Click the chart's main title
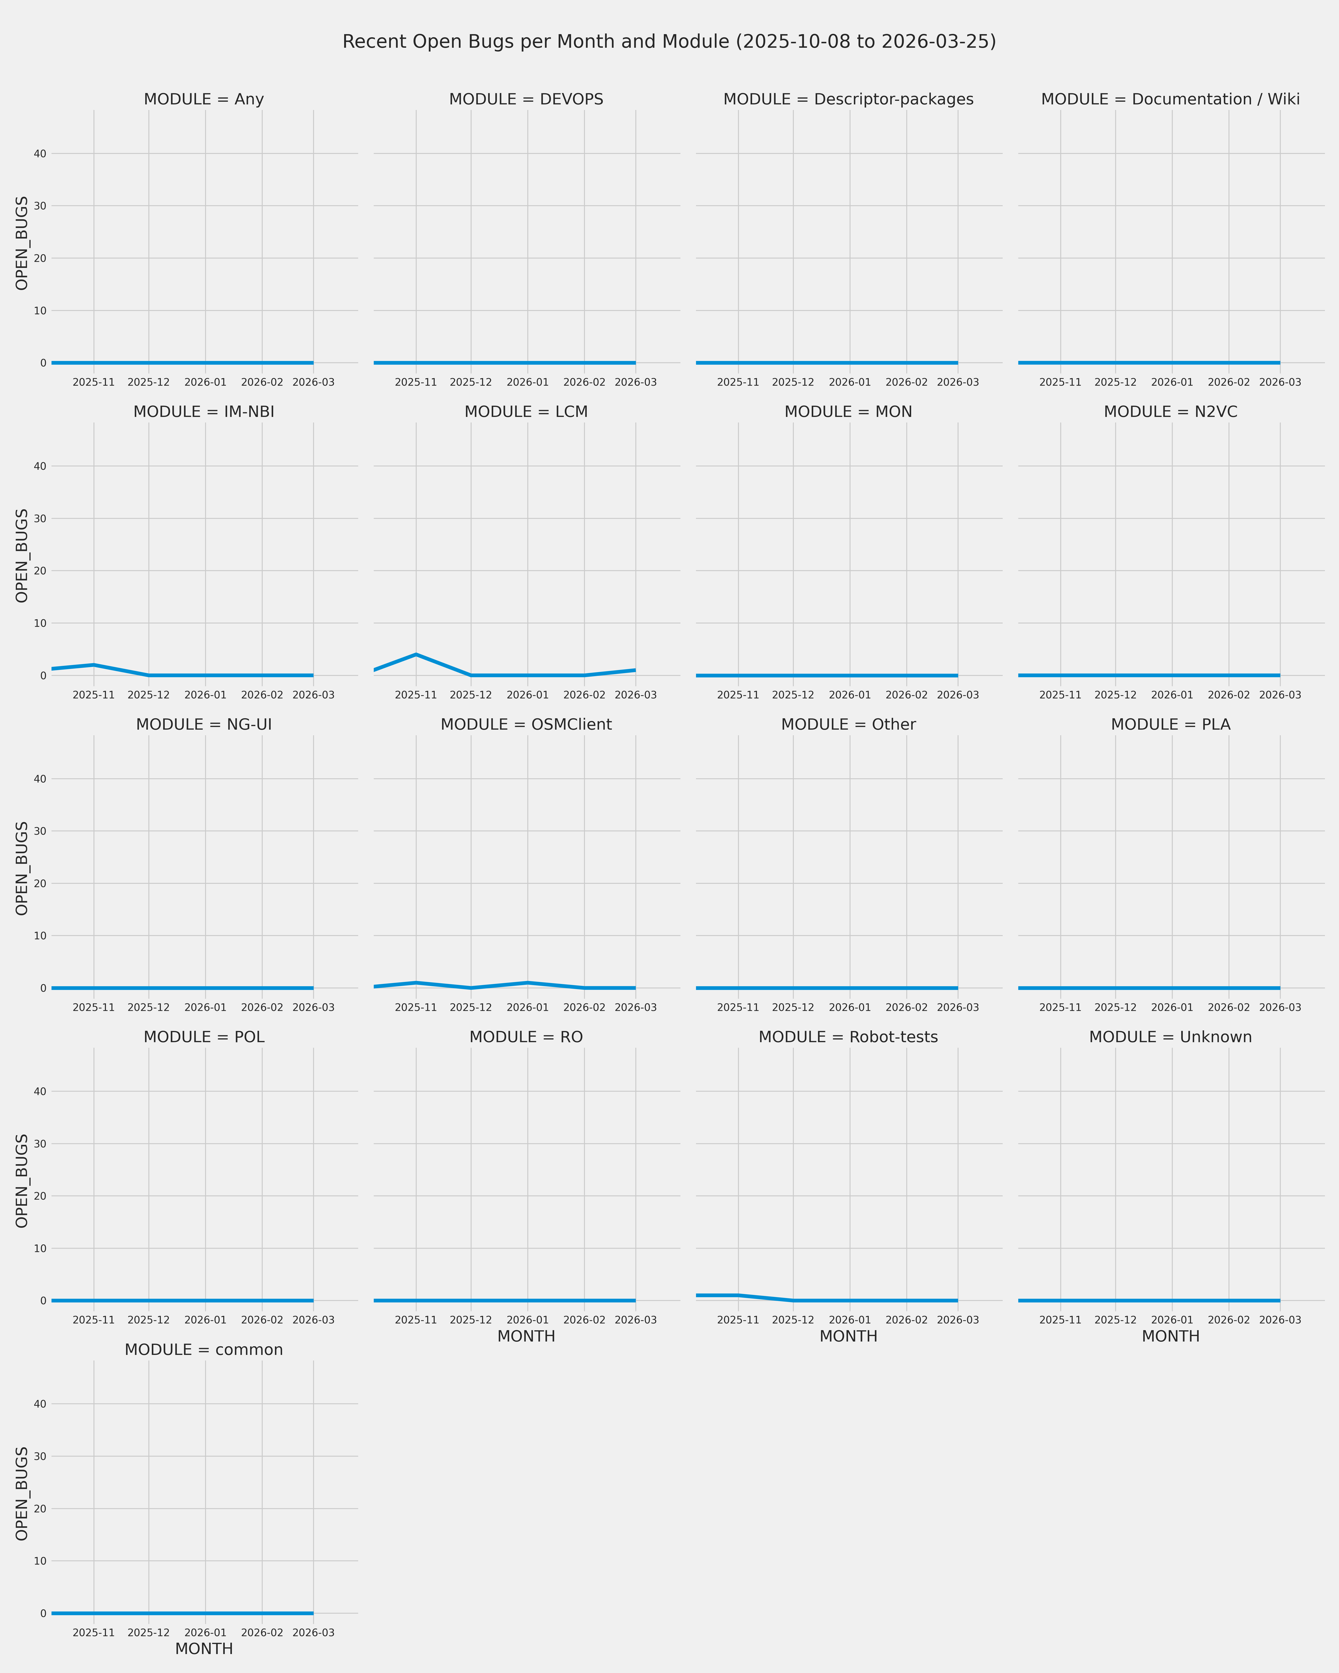[669, 42]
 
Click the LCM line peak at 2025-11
[416, 654]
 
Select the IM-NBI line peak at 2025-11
[94, 665]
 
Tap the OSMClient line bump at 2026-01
[528, 982]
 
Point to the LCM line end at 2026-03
[635, 670]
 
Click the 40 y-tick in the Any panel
[40, 154]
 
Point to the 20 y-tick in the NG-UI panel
[40, 883]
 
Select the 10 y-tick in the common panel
[40, 1561]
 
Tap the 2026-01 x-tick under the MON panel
[850, 695]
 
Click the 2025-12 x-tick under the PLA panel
[1115, 1007]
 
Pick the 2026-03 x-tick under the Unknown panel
[1280, 1320]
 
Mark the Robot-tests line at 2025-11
[738, 1295]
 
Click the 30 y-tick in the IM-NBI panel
[40, 518]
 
